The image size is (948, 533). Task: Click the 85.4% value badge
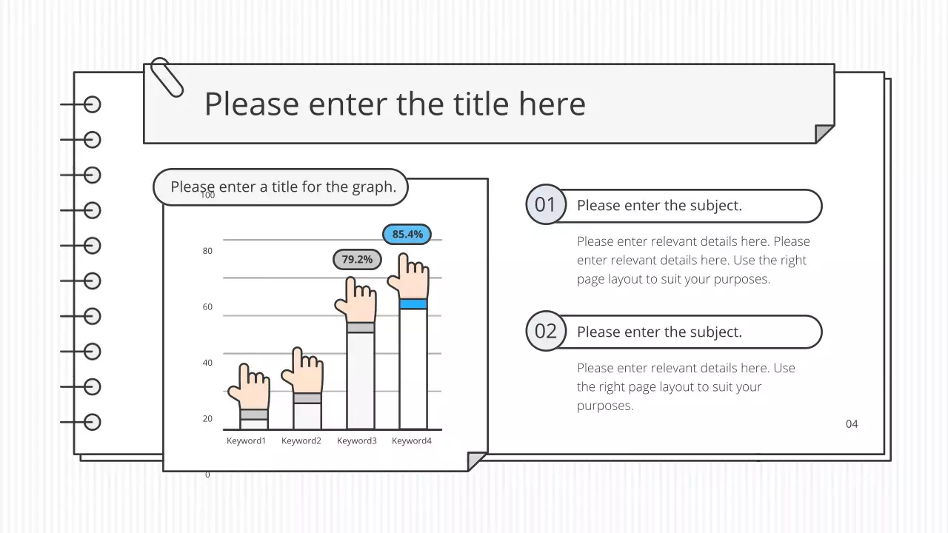coord(407,235)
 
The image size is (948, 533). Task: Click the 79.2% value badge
coord(357,260)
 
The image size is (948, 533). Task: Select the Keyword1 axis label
coord(246,441)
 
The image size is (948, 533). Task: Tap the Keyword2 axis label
coord(301,441)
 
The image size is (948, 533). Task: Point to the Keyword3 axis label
coord(357,441)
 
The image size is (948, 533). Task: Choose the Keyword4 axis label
coord(412,441)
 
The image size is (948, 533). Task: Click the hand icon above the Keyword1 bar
coord(250,387)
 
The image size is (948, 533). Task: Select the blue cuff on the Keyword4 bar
coord(413,304)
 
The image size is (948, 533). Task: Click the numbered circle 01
coord(546,204)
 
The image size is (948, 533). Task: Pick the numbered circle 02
coord(546,331)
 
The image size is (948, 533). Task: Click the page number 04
coord(852,424)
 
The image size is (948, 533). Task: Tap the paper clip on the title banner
coord(167,77)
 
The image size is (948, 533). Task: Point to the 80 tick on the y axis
coord(207,251)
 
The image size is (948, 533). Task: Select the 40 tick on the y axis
coord(207,363)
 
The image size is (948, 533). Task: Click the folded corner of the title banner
coord(824,134)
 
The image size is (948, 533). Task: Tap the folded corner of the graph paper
coord(477,461)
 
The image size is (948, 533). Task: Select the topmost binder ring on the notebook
coord(92,104)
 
